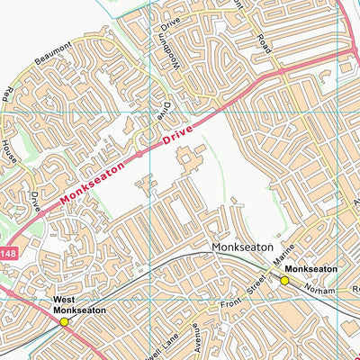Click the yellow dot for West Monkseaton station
tap(64, 321)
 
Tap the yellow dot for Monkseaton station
tap(284, 280)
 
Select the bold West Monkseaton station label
tap(79, 305)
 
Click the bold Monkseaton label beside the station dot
tap(310, 269)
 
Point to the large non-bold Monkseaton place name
tap(239, 246)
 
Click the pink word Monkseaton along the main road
tap(95, 180)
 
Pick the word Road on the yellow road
tap(264, 41)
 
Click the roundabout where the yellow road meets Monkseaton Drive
tap(282, 70)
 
